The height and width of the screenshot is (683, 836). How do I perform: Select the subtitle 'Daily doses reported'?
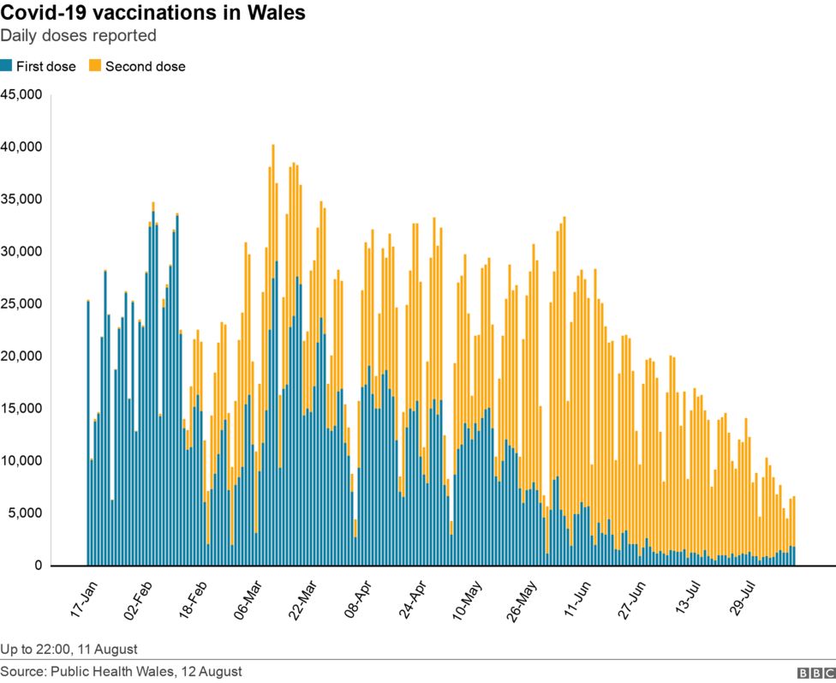(x=78, y=36)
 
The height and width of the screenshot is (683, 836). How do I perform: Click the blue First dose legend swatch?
(x=6, y=66)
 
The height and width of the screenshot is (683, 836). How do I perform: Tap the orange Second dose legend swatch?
(x=95, y=66)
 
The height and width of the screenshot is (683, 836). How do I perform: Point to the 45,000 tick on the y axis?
(x=21, y=94)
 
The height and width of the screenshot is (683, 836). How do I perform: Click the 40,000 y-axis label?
(x=21, y=147)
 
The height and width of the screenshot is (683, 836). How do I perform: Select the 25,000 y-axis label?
(x=21, y=303)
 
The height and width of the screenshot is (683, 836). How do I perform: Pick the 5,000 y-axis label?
(x=25, y=513)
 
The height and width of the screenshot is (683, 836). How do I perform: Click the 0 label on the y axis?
(x=38, y=566)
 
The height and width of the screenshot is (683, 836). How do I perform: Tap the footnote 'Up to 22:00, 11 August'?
(x=69, y=649)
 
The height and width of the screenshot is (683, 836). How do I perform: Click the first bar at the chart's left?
(x=88, y=433)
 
